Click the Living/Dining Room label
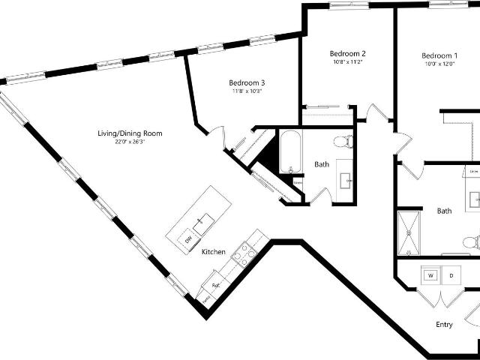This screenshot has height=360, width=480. click(130, 133)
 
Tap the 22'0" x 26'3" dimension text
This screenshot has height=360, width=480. click(130, 142)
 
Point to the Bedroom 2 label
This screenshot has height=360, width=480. click(347, 54)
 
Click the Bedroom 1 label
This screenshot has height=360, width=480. click(439, 55)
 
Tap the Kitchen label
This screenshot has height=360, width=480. click(214, 252)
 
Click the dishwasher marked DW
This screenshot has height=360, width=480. click(188, 238)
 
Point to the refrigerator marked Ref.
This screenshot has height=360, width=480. click(215, 285)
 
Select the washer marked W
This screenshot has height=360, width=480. click(430, 275)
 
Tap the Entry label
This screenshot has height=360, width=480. click(445, 325)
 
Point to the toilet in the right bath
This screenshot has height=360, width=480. click(470, 242)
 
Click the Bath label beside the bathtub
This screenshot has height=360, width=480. click(322, 164)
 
